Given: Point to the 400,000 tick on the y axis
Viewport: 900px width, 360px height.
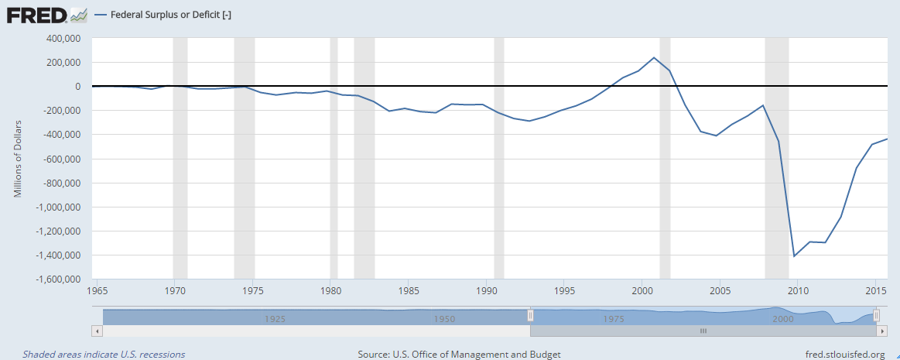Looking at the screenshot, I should pos(64,38).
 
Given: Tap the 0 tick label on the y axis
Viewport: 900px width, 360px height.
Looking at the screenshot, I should pos(78,86).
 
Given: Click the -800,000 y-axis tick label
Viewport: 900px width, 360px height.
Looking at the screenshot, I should pos(62,183).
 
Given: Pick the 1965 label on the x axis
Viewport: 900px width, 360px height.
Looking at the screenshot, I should pos(98,291).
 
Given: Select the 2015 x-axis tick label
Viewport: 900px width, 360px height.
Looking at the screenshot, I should pos(875,291).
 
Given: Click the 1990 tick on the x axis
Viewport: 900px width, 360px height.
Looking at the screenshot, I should pos(487,291).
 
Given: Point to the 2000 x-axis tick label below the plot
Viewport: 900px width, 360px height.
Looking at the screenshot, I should pos(642,291).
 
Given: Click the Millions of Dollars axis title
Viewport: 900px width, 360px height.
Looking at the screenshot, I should pos(18,159).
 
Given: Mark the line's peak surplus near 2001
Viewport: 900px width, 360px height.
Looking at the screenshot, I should pos(654,57).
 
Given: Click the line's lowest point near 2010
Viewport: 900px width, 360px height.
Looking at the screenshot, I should pos(794,255).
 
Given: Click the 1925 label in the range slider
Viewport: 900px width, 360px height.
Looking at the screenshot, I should pos(274,318).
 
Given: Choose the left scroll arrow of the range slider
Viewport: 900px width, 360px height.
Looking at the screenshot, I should pos(97,331).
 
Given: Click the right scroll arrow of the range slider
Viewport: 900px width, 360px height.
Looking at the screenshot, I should pos(881,331).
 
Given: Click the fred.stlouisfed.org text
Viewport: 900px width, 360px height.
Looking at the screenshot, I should pos(844,354).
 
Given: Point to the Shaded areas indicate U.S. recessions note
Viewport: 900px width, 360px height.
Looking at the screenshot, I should pos(104,354).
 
